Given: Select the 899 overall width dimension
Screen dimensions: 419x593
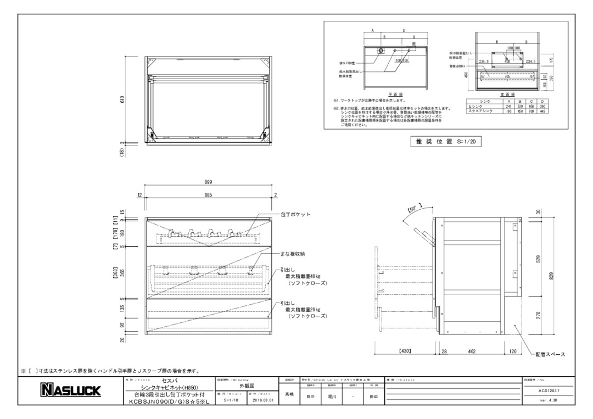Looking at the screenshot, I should (208, 182).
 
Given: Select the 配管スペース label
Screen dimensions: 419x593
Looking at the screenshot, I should (550, 354).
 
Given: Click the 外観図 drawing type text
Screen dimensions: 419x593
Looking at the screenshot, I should (248, 386).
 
